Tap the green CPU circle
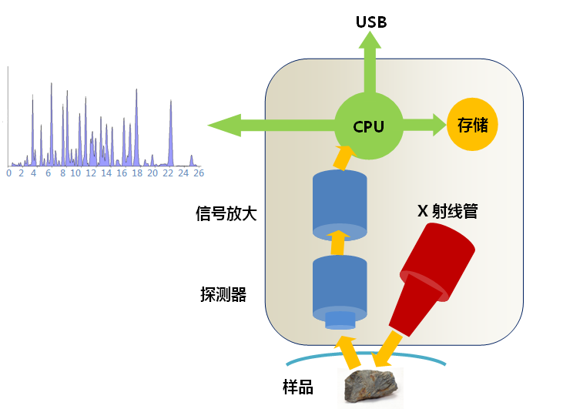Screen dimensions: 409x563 [369, 125]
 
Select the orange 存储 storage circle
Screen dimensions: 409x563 [472, 124]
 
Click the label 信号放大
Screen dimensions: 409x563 [226, 213]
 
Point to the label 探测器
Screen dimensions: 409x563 [223, 293]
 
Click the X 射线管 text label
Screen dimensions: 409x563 [447, 210]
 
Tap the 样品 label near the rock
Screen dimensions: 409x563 [297, 387]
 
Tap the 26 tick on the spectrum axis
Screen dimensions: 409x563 [198, 173]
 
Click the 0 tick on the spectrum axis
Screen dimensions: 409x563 [8, 173]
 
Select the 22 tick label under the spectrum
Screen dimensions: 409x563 [170, 173]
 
